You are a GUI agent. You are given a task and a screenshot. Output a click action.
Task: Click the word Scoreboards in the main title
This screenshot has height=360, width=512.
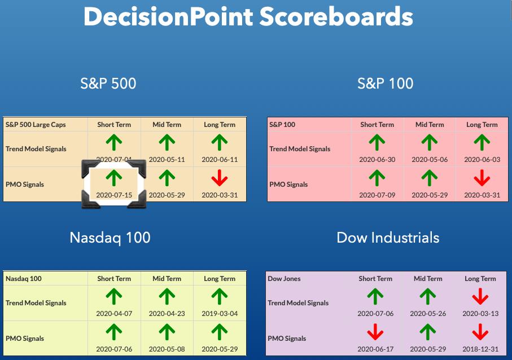(336, 17)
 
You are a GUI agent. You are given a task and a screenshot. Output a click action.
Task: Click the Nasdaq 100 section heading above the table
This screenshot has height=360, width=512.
(110, 238)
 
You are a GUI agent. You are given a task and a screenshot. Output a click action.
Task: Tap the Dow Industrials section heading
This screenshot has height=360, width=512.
(388, 238)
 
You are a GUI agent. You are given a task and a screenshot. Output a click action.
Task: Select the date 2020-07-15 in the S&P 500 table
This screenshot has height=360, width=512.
(114, 195)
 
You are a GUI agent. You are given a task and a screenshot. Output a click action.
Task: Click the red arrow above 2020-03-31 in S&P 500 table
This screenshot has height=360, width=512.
(220, 178)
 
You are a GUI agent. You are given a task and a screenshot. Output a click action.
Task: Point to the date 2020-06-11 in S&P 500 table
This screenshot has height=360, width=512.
(220, 160)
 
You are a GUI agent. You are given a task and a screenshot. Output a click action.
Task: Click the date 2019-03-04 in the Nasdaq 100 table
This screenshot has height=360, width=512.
(220, 314)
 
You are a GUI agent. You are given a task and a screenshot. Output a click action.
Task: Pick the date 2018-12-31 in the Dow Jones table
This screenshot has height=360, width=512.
(480, 349)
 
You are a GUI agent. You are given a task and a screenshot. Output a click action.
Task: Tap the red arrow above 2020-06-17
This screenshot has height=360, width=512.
(375, 332)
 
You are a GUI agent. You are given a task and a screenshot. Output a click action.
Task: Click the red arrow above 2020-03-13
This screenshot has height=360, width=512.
(480, 296)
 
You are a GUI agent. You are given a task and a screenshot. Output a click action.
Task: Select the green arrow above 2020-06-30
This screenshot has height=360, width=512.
(377, 142)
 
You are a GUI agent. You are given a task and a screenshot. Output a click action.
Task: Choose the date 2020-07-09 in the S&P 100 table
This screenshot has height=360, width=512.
(377, 195)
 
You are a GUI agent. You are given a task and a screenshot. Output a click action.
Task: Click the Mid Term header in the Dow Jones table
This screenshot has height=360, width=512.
(428, 279)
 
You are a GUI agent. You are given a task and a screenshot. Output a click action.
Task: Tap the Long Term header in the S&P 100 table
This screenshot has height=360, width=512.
(482, 125)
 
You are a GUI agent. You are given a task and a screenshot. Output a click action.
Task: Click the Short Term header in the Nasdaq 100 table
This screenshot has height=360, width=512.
(114, 279)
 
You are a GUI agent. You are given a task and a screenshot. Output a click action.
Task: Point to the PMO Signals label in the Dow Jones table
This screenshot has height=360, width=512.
(287, 339)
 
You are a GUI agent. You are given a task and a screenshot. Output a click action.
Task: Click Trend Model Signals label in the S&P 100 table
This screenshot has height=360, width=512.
(300, 149)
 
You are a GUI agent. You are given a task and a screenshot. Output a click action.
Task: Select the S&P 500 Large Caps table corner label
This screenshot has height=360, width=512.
(36, 125)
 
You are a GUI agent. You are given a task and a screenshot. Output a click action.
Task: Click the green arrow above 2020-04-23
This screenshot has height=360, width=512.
(167, 296)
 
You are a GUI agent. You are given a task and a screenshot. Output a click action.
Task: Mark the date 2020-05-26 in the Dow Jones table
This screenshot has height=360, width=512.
(428, 314)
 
